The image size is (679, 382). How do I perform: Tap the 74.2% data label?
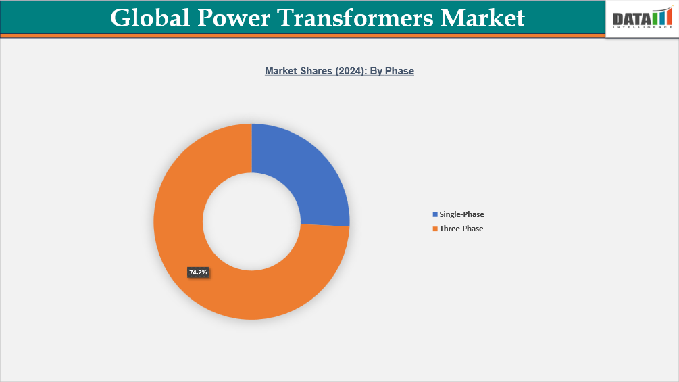tap(198, 272)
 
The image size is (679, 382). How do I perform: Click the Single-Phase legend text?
tap(461, 214)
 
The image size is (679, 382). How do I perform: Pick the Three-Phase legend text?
tap(461, 229)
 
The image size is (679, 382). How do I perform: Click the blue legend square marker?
tap(435, 214)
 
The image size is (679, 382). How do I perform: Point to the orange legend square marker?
tap(435, 229)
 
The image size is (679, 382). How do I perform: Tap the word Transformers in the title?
tap(361, 18)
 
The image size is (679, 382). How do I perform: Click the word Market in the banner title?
tap(482, 18)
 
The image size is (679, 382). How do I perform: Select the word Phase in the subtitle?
tap(399, 70)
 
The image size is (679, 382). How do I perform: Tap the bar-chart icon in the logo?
tap(662, 18)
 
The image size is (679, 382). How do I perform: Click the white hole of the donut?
tap(251, 221)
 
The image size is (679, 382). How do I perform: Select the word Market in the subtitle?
tap(280, 70)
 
